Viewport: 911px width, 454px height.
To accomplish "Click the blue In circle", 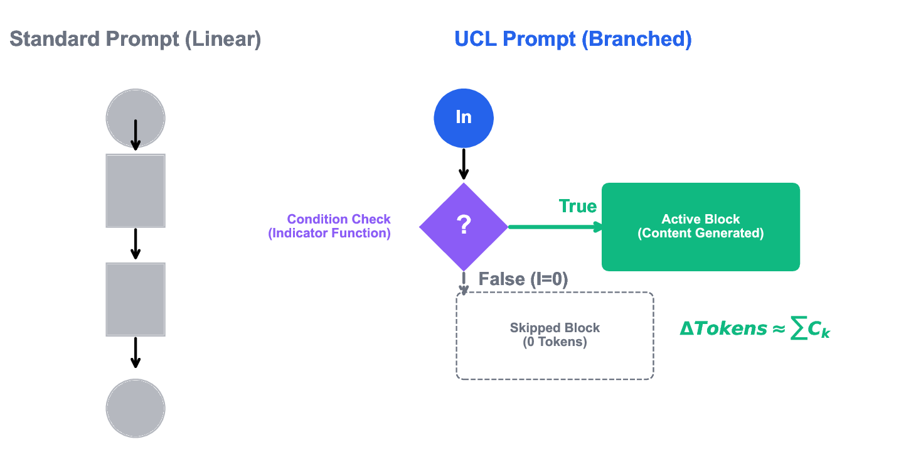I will (464, 117).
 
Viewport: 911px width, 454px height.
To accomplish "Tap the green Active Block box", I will (700, 227).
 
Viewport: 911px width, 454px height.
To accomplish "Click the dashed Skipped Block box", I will (555, 336).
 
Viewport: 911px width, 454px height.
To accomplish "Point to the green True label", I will (578, 207).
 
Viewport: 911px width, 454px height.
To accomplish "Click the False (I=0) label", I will (523, 279).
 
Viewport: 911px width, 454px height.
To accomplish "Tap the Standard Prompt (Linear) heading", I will (135, 40).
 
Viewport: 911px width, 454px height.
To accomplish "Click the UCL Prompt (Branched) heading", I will (573, 40).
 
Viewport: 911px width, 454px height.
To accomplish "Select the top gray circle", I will (136, 117).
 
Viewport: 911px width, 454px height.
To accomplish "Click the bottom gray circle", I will (136, 408).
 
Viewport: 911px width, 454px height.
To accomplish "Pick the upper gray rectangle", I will (136, 190).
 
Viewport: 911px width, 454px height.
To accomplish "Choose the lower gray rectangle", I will (136, 300).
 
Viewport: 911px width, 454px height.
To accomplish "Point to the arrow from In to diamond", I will (464, 164).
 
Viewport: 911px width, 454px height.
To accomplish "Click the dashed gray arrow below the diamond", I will (464, 283).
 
